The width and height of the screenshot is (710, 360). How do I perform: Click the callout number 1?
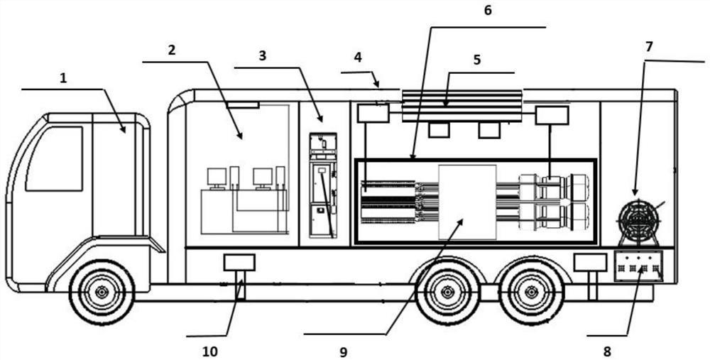pyautogui.click(x=63, y=78)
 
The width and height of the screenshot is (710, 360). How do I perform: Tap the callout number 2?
pyautogui.click(x=171, y=50)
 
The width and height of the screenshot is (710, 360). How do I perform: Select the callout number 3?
pyautogui.click(x=262, y=56)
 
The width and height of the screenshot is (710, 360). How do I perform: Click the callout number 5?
pyautogui.click(x=476, y=60)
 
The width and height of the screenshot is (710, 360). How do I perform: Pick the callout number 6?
pyautogui.click(x=487, y=11)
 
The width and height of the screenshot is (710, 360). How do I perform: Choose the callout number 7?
pyautogui.click(x=649, y=47)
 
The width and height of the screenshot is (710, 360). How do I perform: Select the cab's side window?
pyautogui.click(x=55, y=158)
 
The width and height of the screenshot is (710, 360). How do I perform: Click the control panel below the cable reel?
pyautogui.click(x=638, y=267)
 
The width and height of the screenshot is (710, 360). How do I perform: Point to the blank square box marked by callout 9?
pyautogui.click(x=467, y=202)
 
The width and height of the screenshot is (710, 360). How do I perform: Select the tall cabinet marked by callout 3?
pyautogui.click(x=323, y=185)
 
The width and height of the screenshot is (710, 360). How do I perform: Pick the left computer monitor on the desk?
pyautogui.click(x=216, y=176)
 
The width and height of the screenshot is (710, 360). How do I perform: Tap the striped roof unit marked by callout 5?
pyautogui.click(x=462, y=105)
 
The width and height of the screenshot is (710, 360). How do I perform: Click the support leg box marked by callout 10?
pyautogui.click(x=239, y=263)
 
